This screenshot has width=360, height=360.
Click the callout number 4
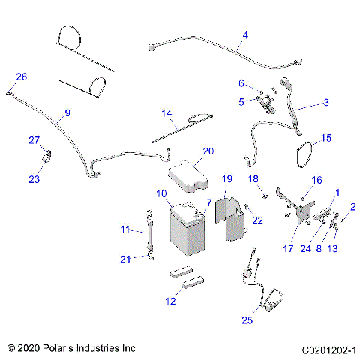coord(245,35)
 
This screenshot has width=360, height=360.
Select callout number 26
coord(21,76)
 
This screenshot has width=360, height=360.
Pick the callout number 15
coord(325,138)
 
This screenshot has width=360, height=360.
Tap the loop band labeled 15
coord(303,154)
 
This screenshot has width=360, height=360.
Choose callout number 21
coord(127,259)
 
